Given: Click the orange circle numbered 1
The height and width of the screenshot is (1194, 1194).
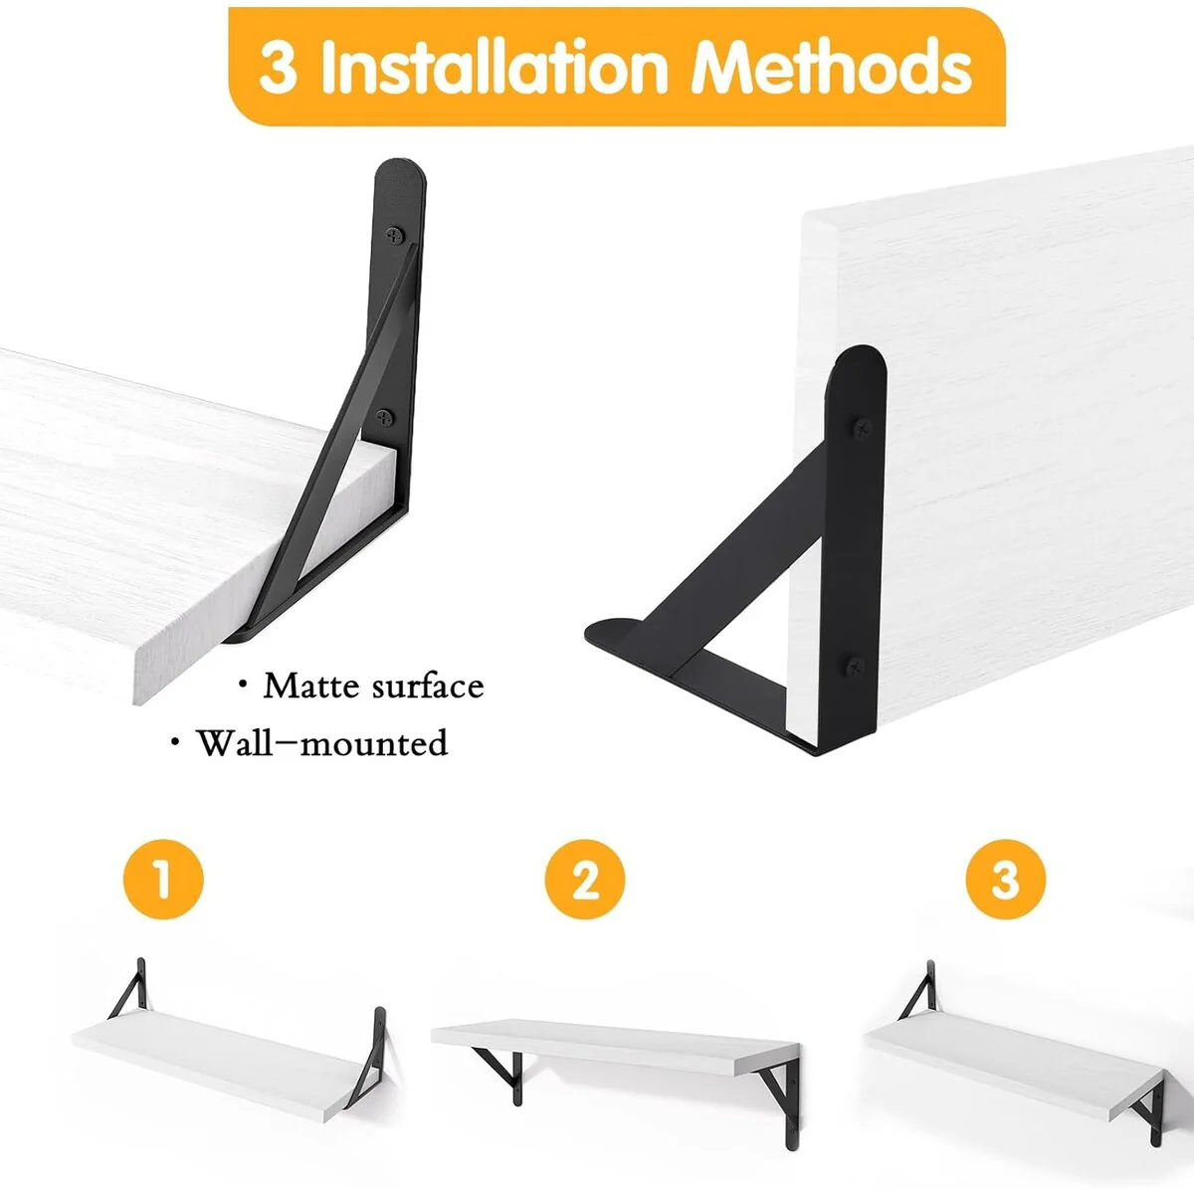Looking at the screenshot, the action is (x=163, y=880).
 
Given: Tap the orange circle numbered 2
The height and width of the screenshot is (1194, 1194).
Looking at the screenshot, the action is (x=585, y=880).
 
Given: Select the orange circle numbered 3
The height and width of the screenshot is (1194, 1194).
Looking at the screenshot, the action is (x=1006, y=880).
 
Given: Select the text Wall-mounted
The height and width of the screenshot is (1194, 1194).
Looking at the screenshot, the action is (x=322, y=743).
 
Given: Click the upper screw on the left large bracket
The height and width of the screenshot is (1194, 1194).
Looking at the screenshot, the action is (x=394, y=235).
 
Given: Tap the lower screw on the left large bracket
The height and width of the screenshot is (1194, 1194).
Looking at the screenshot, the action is (x=385, y=418).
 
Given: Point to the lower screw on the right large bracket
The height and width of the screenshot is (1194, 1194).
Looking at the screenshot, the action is (x=855, y=667).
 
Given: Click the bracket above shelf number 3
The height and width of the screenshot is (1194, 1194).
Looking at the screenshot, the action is (x=917, y=989).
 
